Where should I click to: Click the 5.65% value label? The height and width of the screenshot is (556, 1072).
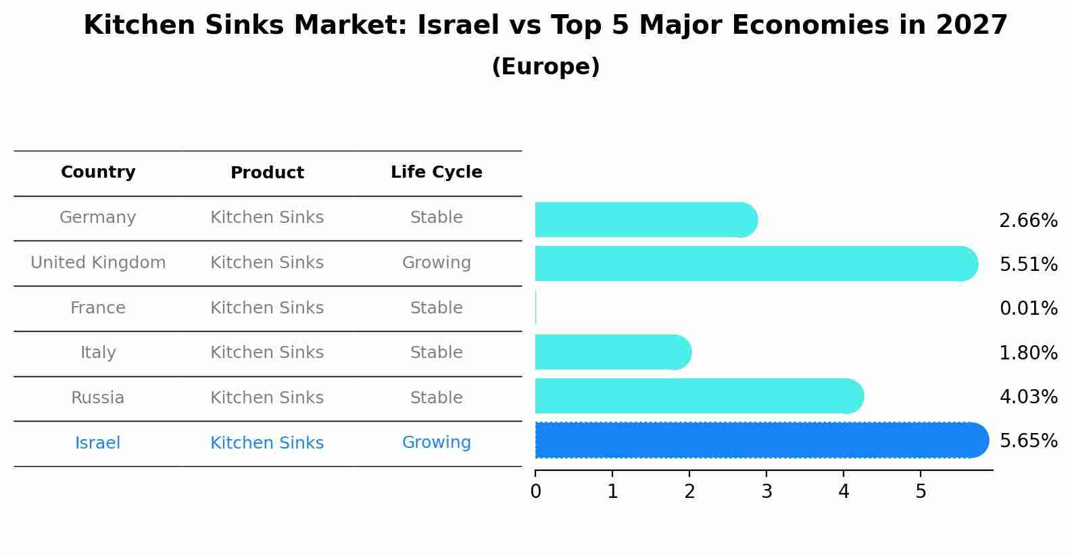(x=1028, y=441)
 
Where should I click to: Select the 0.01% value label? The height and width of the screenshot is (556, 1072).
(x=1028, y=309)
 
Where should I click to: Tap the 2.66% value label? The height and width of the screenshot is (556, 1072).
(x=1028, y=221)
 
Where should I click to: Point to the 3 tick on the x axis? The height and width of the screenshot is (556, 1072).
(x=766, y=492)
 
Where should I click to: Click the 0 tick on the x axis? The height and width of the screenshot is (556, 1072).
(x=536, y=492)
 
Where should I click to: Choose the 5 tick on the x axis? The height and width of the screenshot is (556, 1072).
(x=921, y=492)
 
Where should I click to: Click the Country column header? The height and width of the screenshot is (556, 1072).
(x=98, y=172)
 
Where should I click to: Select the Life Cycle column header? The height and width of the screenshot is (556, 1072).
(x=437, y=172)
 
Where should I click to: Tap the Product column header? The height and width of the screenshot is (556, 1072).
(x=267, y=173)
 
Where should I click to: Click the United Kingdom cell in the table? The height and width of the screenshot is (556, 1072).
(x=98, y=263)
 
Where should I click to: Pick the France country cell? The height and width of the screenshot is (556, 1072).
(x=98, y=308)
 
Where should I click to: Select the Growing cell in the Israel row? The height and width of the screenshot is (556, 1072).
(x=437, y=443)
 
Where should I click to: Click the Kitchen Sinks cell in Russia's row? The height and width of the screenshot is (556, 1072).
(x=267, y=398)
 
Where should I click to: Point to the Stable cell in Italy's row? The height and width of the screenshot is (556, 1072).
(x=437, y=353)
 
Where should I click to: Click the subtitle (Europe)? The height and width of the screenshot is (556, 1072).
(x=545, y=67)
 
